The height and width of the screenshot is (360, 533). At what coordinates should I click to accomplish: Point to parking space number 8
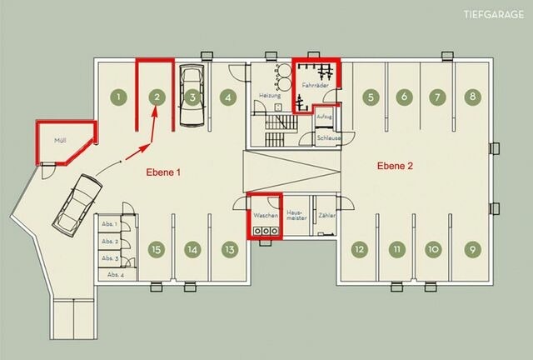[x=472, y=97]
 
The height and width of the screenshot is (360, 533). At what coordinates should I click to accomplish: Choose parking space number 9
[x=473, y=248]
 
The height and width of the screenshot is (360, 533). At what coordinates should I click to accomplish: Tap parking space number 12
[x=359, y=248]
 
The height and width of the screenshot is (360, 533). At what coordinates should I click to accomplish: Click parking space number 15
[x=155, y=248]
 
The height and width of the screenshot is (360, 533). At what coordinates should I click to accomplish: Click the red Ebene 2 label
[x=395, y=166]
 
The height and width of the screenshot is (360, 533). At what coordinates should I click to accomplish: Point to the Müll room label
[x=60, y=141]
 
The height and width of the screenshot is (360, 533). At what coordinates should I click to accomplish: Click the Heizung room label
[x=268, y=96]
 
